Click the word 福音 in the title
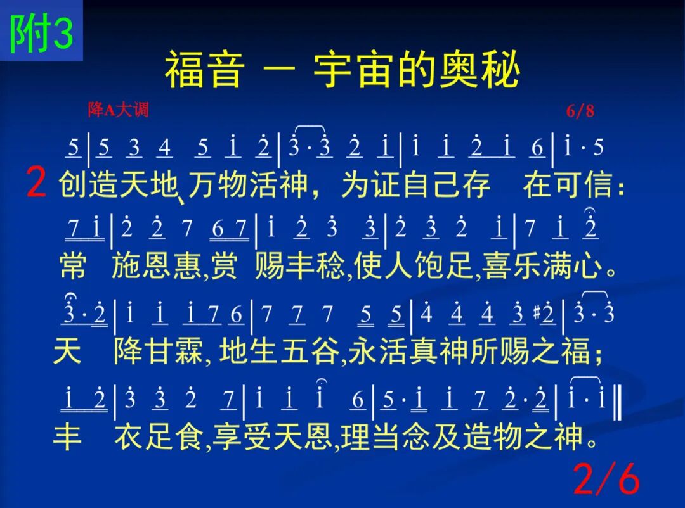(x=204, y=70)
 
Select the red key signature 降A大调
(x=118, y=110)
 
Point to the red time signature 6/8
(x=580, y=111)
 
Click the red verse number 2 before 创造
(x=36, y=182)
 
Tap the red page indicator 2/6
(x=606, y=478)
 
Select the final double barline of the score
(x=617, y=403)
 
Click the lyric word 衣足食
(x=159, y=436)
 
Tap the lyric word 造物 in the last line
(x=493, y=436)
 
